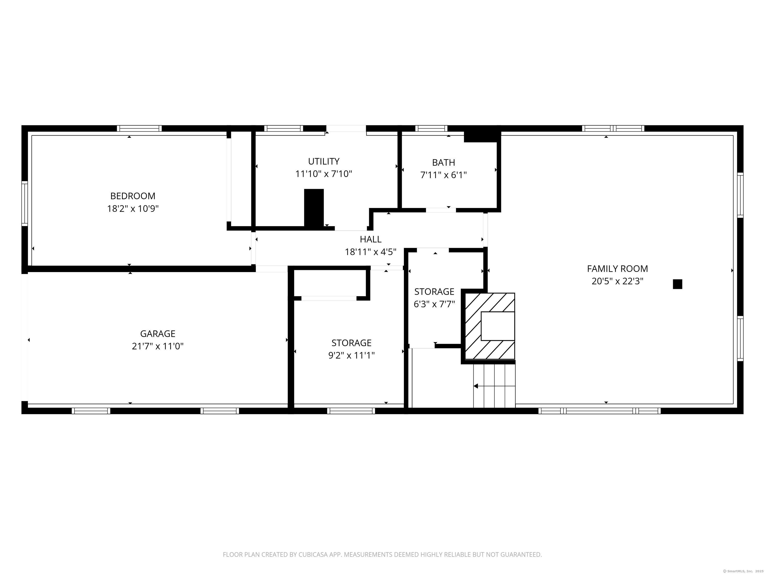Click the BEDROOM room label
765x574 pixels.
coord(133,196)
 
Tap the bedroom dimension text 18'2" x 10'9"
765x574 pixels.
coord(133,209)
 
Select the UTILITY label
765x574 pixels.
coord(324,161)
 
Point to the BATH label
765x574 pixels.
coord(443,162)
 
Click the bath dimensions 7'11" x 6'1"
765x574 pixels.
coord(443,175)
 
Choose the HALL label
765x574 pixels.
coord(370,239)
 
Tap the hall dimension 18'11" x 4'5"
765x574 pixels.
coord(370,252)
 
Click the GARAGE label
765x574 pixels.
coord(158,334)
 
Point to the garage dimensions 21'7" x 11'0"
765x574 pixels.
coord(158,346)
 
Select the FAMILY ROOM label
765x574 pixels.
coord(617,269)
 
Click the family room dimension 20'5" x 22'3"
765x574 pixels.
coord(617,281)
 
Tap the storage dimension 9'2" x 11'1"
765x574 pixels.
coord(351,355)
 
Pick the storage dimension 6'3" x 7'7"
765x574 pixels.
coord(434,304)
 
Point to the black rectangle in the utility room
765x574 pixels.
coord(314,208)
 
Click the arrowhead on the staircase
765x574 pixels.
coord(476,386)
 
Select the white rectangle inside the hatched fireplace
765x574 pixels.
coord(498,326)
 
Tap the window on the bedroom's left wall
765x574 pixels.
coord(25,204)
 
